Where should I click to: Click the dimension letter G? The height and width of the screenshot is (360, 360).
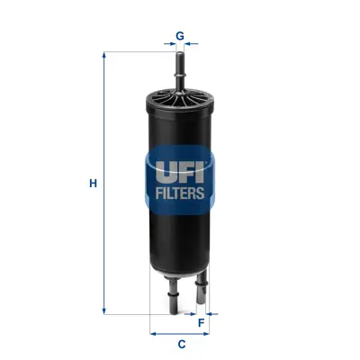point(180,36)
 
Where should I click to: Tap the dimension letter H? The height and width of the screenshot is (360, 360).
point(93,184)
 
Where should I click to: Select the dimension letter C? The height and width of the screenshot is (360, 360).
point(181,344)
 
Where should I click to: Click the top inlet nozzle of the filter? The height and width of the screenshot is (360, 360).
point(180,67)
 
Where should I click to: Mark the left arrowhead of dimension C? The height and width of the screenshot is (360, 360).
point(154,332)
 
